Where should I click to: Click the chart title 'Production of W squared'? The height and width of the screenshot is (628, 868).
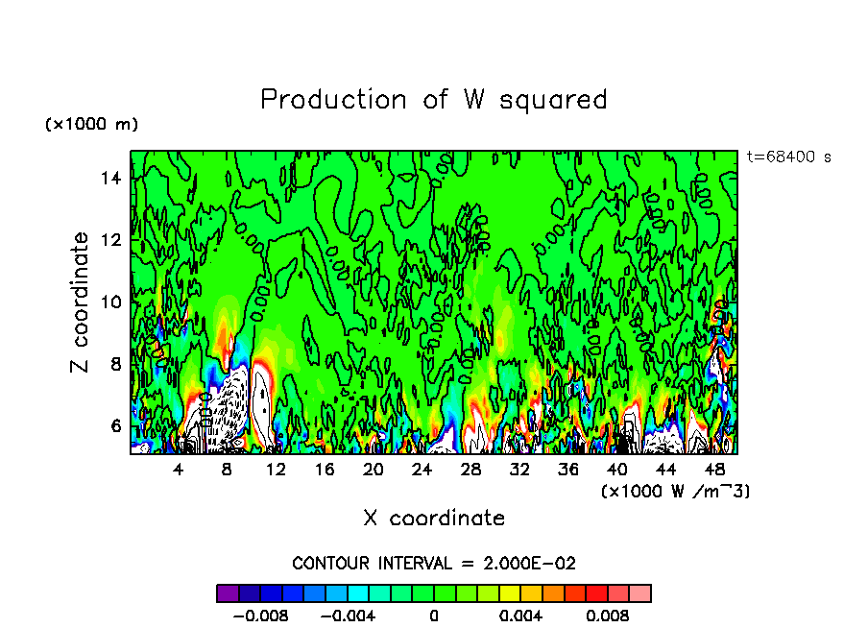coord(434,100)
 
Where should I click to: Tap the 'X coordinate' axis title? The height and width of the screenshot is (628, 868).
coord(434,519)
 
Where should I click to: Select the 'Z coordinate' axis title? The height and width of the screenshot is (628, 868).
coord(81,302)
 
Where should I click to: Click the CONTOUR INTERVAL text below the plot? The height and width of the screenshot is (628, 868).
coord(434,563)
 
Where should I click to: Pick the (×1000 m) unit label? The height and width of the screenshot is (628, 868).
coord(91,125)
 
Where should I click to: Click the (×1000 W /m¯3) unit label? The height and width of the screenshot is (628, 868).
coord(675,492)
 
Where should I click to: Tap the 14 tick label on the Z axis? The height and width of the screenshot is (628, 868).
coord(111,178)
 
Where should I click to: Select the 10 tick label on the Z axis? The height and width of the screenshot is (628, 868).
coord(111,302)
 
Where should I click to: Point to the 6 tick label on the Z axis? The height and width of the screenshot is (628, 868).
coord(116,425)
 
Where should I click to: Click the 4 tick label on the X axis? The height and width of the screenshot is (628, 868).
coord(179,470)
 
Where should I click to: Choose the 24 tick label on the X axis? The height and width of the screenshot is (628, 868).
coord(422,470)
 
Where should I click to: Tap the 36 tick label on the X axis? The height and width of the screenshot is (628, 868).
coord(568,470)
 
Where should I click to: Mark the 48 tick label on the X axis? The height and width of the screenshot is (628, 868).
coord(714,470)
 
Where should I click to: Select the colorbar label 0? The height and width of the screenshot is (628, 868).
coord(434,616)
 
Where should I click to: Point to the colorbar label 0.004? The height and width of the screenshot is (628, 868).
coord(521,616)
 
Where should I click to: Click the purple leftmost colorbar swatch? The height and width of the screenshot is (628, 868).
coord(228,592)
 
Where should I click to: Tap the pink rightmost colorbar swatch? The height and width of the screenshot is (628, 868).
coord(639,592)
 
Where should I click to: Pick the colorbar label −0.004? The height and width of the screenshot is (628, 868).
coord(347,616)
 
